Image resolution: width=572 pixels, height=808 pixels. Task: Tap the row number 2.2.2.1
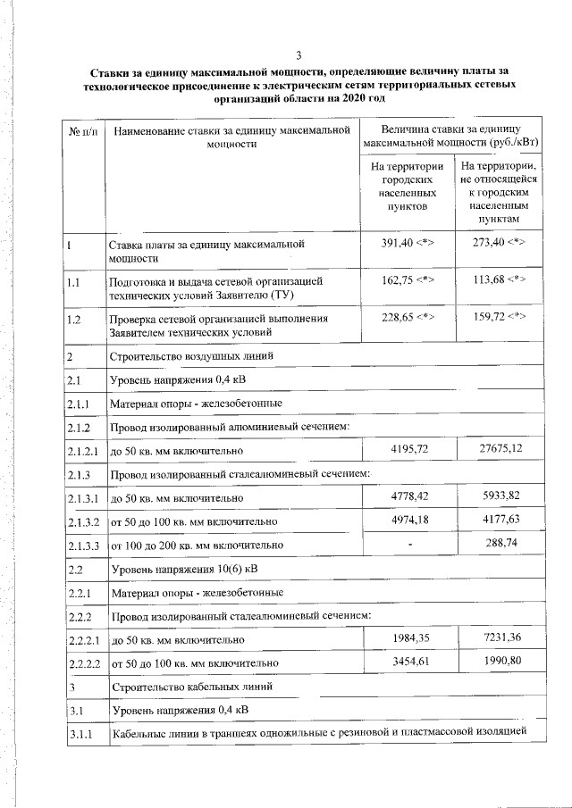coord(84,639)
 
